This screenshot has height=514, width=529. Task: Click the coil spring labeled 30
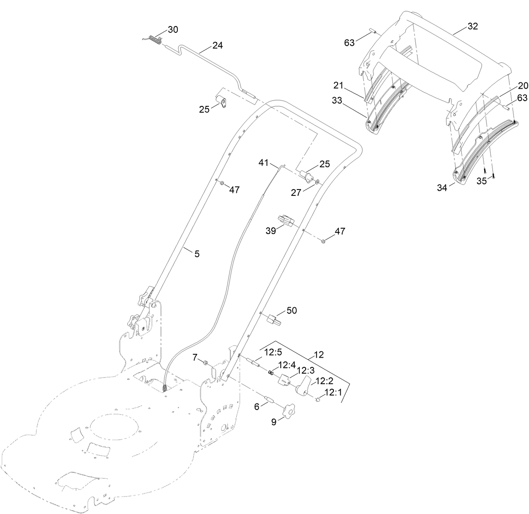pyautogui.click(x=156, y=40)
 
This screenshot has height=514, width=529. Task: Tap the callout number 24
pyautogui.click(x=217, y=45)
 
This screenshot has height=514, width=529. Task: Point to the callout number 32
pyautogui.click(x=473, y=26)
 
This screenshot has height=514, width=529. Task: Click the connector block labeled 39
pyautogui.click(x=285, y=220)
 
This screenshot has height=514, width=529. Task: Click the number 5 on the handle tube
pyautogui.click(x=196, y=253)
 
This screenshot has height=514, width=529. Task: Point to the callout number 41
pyautogui.click(x=263, y=162)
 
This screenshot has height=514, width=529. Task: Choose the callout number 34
pyautogui.click(x=442, y=188)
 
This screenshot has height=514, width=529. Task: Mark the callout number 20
pyautogui.click(x=523, y=86)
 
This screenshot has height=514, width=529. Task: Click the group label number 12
pyautogui.click(x=319, y=355)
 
